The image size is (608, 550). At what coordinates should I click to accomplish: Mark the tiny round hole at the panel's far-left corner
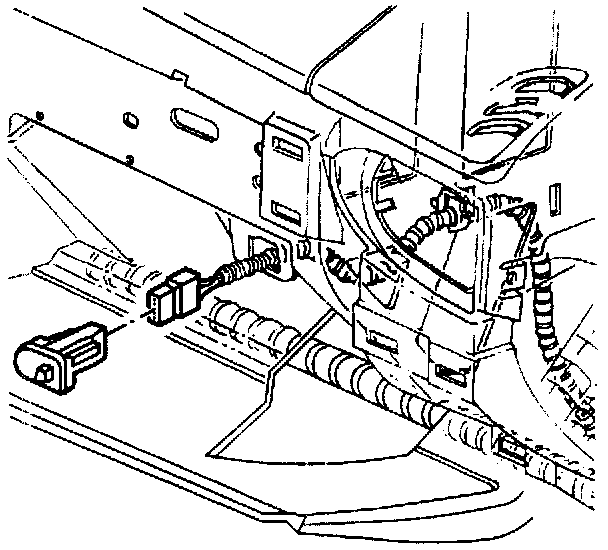pyautogui.click(x=39, y=117)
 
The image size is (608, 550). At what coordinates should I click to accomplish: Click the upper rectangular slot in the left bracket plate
pyautogui.click(x=287, y=151)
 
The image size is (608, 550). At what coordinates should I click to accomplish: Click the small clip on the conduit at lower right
pyautogui.click(x=509, y=453)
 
